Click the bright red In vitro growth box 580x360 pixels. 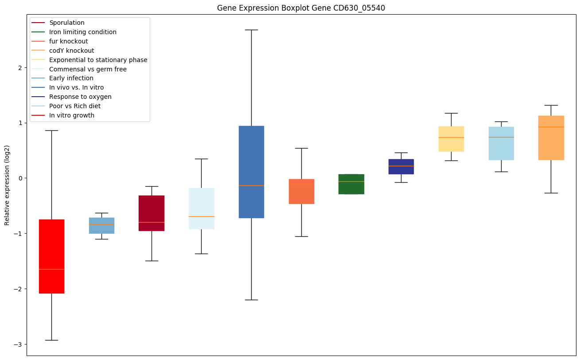click(x=51, y=256)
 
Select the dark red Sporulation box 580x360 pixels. click(x=152, y=213)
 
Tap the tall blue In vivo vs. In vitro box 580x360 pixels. click(x=251, y=172)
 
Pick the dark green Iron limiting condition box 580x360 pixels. click(x=351, y=184)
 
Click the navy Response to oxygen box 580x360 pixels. click(x=401, y=166)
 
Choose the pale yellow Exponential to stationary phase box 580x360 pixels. click(x=451, y=139)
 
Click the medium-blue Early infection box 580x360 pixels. click(x=101, y=225)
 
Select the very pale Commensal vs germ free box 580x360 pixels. click(x=201, y=208)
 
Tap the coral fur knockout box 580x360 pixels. click(x=301, y=191)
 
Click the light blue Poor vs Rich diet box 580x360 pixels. click(x=501, y=143)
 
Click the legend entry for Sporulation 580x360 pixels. click(x=67, y=23)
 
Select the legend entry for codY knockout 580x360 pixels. click(x=72, y=51)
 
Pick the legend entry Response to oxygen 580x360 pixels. click(x=80, y=97)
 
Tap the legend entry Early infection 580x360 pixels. click(x=71, y=78)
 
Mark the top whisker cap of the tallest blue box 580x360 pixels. click(x=251, y=30)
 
